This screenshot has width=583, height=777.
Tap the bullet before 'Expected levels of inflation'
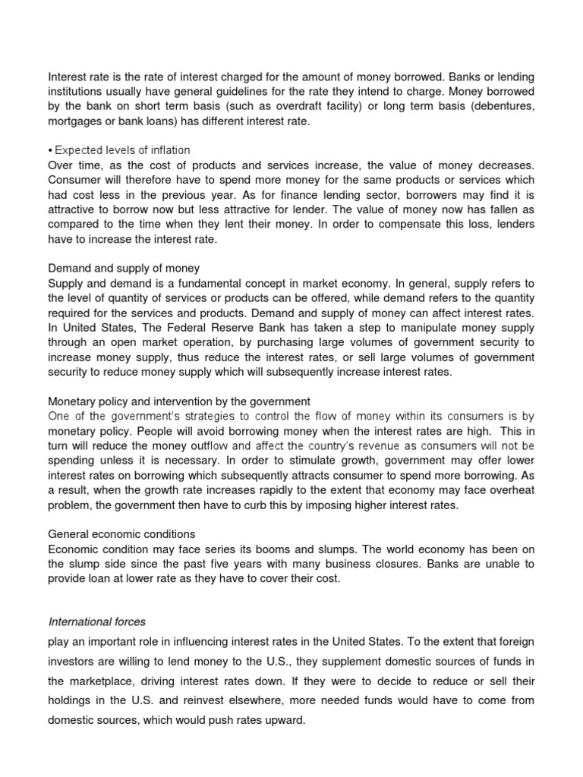click(x=50, y=150)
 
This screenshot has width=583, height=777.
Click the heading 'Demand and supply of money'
click(x=124, y=268)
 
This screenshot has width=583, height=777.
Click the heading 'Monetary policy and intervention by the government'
click(x=179, y=401)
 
